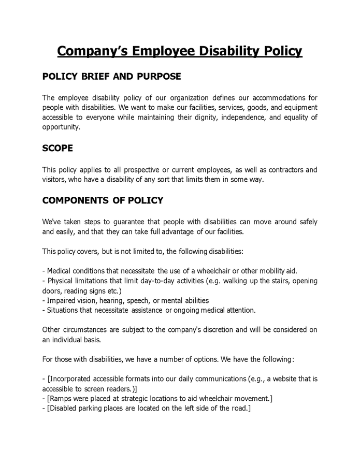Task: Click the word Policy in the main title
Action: (277, 51)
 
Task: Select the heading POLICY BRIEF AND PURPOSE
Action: (111, 77)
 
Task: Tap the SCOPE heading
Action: (57, 148)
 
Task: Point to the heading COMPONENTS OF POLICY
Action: (103, 200)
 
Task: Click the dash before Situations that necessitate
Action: (44, 310)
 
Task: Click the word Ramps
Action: (61, 398)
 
